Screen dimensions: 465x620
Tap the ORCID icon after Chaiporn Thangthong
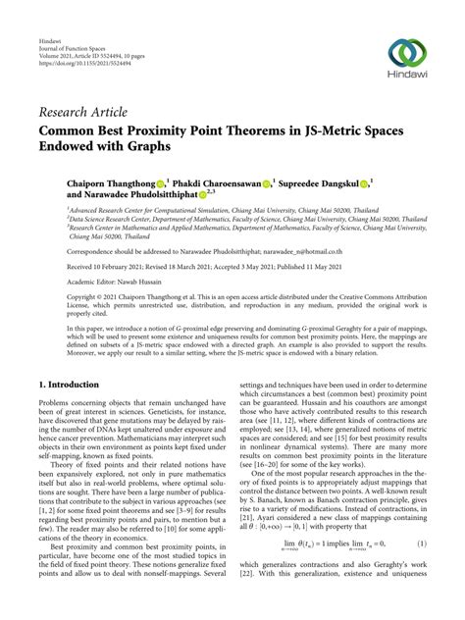159,182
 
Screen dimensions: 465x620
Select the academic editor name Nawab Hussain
148,280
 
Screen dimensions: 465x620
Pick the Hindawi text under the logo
406,78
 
